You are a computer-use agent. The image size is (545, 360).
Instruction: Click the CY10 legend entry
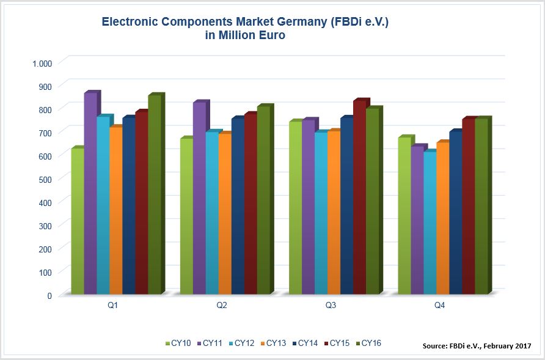tap(179, 343)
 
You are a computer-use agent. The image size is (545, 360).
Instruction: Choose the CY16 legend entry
tap(370, 343)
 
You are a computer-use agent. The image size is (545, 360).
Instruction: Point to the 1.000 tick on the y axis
tap(42, 63)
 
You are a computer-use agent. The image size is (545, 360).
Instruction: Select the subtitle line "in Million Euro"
tap(246, 36)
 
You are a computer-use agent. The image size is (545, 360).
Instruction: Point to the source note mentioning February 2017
tap(477, 346)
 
